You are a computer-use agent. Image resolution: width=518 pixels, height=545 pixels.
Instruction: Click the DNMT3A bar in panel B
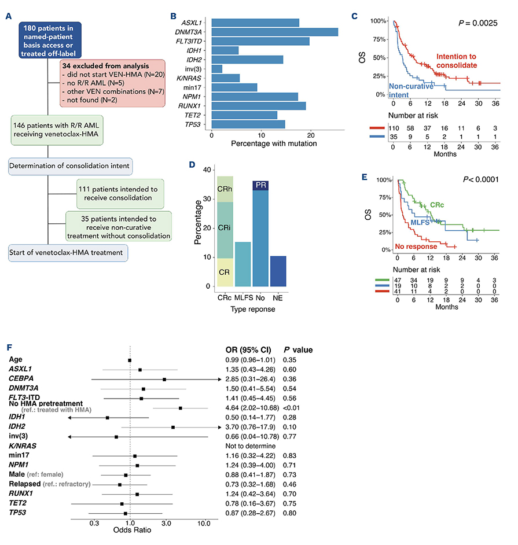click(x=274, y=32)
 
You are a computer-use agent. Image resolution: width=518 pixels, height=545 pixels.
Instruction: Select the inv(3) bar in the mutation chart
click(x=217, y=69)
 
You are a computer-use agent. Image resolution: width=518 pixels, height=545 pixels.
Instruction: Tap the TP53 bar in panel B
click(x=248, y=124)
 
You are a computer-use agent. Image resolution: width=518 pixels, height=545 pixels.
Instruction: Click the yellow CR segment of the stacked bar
click(x=225, y=272)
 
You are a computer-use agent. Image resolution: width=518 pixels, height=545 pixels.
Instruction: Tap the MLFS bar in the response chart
click(x=243, y=264)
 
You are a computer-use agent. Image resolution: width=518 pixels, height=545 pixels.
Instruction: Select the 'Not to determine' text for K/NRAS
click(x=249, y=446)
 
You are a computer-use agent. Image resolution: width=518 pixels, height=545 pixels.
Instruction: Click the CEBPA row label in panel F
click(x=22, y=378)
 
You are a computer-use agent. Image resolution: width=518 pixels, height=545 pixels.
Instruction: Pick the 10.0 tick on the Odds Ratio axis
click(x=203, y=524)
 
